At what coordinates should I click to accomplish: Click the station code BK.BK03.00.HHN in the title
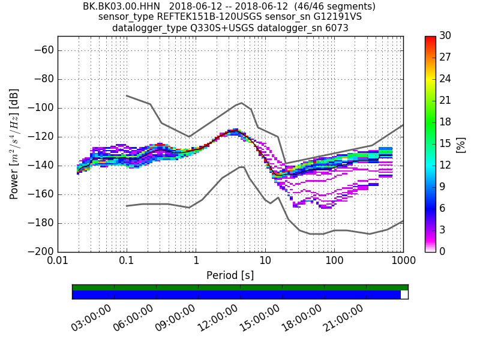[122, 7]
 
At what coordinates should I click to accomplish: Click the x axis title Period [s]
[230, 275]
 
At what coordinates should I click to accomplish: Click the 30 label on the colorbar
[446, 36]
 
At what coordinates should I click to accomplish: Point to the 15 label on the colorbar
[446, 143]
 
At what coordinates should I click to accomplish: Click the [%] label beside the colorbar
[461, 144]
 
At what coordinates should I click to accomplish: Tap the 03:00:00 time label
[91, 318]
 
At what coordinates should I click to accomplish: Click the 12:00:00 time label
[217, 318]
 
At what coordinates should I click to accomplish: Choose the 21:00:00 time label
[343, 318]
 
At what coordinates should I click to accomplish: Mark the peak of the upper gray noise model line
[241, 103]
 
